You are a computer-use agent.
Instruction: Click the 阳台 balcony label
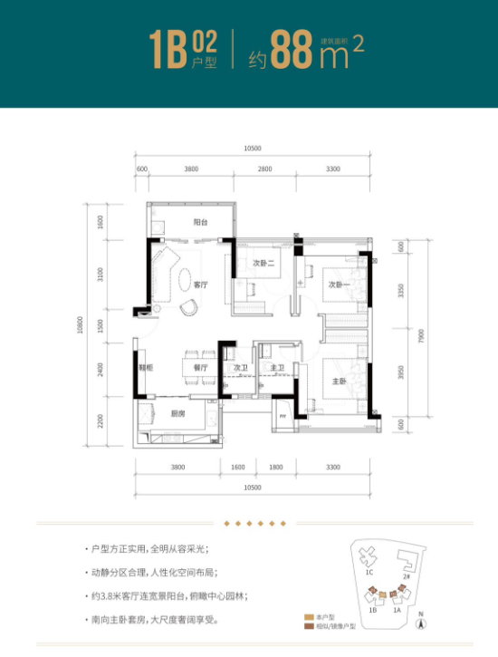point(201,221)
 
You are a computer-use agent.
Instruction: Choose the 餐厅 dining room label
point(201,368)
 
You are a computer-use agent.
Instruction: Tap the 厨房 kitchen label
point(177,413)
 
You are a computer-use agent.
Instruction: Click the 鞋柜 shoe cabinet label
point(144,368)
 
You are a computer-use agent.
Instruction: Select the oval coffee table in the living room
point(184,277)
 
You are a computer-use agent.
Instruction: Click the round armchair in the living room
point(191,308)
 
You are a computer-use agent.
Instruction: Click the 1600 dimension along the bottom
point(238,467)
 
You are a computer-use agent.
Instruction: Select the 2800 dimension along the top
point(263,169)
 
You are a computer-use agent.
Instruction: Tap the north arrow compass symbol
point(420,622)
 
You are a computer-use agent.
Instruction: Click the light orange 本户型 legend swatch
point(308,617)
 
